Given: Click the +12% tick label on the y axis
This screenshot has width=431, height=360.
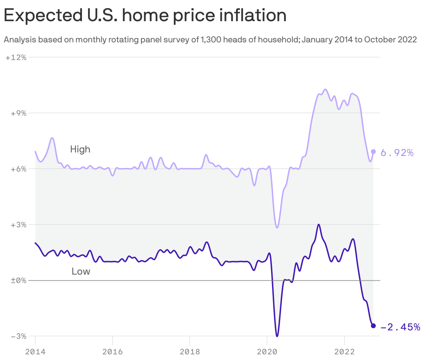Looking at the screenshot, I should (x=16, y=58).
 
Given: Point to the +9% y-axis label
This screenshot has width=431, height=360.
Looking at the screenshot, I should (x=16, y=113).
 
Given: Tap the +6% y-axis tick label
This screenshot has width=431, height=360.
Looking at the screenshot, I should (x=16, y=169).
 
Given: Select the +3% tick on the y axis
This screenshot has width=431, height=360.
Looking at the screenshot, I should (x=16, y=225).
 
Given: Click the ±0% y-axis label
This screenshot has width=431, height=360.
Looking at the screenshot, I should (x=16, y=281).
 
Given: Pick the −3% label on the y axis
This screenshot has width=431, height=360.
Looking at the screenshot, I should (x=16, y=336).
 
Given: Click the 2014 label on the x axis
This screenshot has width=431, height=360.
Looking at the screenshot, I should (x=35, y=352).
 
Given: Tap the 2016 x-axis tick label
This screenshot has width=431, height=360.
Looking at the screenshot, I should (x=112, y=352).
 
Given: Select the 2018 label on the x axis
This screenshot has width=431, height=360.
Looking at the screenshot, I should (x=190, y=352).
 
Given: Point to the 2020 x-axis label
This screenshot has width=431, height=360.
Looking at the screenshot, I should (x=267, y=352).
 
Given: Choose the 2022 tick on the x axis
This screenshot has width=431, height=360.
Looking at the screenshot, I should (x=344, y=352).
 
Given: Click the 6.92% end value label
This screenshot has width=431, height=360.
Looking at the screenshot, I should (x=397, y=153).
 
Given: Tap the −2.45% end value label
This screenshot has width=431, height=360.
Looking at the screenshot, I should (x=400, y=327).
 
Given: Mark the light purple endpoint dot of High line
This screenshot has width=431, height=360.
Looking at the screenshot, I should (x=373, y=152).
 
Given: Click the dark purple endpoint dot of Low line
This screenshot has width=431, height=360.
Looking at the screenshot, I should (x=373, y=325).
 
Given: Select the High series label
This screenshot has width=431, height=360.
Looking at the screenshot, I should (x=80, y=149).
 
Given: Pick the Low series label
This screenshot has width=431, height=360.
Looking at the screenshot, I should (x=81, y=271).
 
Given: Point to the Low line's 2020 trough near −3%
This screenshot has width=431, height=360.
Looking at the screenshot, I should (x=277, y=336).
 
